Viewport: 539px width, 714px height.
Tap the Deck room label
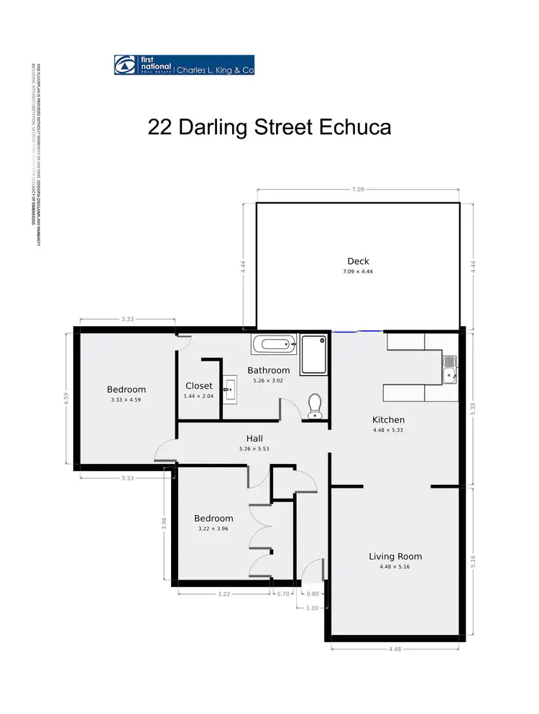(x=358, y=261)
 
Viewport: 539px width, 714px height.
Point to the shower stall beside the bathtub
(x=314, y=354)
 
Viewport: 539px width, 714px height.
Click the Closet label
(x=199, y=386)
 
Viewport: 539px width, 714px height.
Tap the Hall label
(x=254, y=438)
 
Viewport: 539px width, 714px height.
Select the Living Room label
(x=395, y=556)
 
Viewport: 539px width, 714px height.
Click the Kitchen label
(x=388, y=419)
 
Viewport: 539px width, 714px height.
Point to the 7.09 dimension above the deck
(x=358, y=190)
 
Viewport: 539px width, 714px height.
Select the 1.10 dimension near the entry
(x=312, y=608)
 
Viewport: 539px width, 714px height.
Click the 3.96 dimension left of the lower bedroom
(x=164, y=524)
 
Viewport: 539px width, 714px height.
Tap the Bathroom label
(x=269, y=371)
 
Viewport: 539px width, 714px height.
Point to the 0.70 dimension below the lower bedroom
(x=283, y=594)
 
